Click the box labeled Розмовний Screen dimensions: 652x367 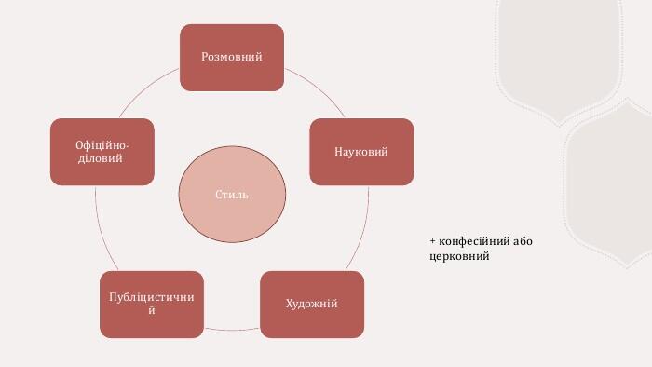click(x=232, y=58)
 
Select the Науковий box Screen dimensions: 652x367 click(x=361, y=152)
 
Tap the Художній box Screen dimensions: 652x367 click(x=312, y=305)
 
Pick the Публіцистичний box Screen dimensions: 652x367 click(x=152, y=305)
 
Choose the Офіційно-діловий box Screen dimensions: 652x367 click(x=102, y=152)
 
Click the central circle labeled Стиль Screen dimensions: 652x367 click(x=232, y=194)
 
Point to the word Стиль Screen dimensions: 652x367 click(x=232, y=195)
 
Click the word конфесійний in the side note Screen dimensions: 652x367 click(x=469, y=241)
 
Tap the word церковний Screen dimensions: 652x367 click(x=459, y=256)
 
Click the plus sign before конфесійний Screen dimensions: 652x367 click(x=433, y=241)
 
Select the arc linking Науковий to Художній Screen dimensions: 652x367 click(x=362, y=231)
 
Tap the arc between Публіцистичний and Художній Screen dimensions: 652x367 click(x=232, y=331)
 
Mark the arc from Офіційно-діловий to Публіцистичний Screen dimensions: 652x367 click(x=102, y=231)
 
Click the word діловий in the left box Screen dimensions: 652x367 click(x=101, y=158)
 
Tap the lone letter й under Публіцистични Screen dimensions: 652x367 click(x=152, y=310)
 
